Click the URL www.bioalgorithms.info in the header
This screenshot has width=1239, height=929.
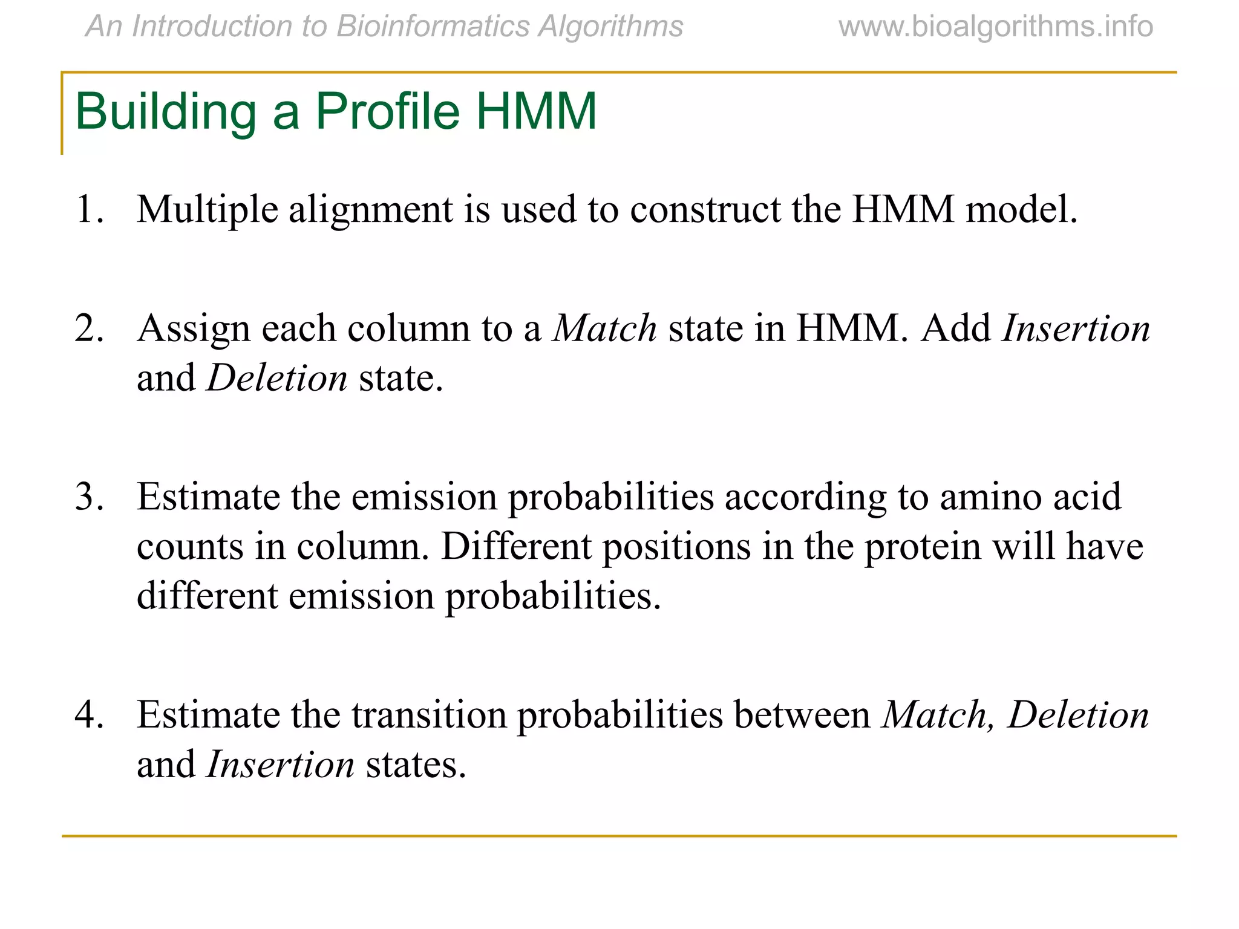click(x=996, y=27)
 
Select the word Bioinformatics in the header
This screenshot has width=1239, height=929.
click(x=433, y=27)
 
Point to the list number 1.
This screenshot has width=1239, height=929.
click(x=89, y=210)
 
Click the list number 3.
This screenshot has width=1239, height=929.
click(x=89, y=497)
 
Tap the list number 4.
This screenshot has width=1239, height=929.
click(x=89, y=715)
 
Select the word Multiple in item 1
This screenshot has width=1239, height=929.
click(x=208, y=210)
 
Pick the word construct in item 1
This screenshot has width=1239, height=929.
click(x=705, y=210)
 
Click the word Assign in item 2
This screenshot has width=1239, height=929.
click(x=194, y=330)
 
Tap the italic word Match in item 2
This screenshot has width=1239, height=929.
click(x=605, y=329)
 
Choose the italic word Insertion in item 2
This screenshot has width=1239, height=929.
click(x=1076, y=329)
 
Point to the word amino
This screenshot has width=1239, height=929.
click(x=991, y=497)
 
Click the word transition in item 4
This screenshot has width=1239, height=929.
click(x=429, y=715)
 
